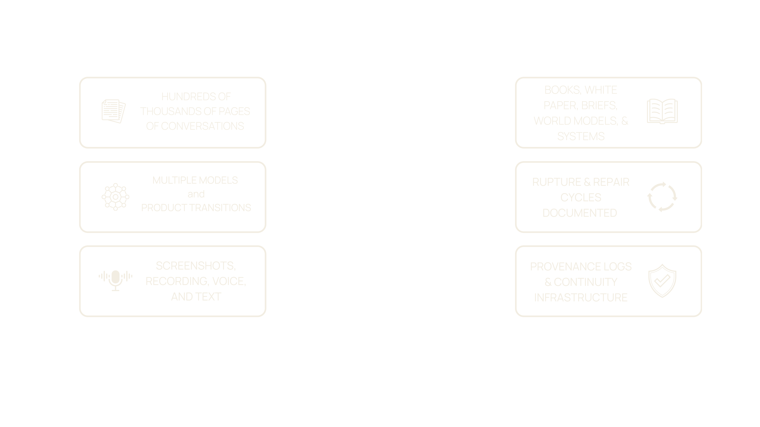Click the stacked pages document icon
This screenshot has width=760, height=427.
click(114, 111)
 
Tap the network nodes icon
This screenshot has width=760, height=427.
click(115, 197)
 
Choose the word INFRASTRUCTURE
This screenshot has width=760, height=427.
click(581, 298)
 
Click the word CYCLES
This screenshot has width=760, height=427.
click(581, 197)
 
